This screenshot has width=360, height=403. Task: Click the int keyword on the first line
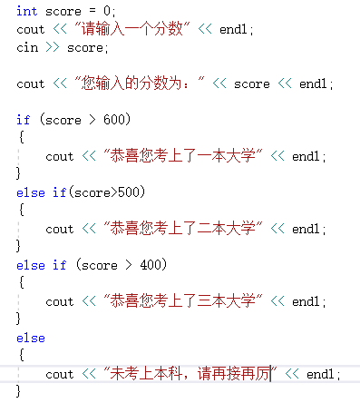click(26, 11)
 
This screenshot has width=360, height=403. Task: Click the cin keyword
click(26, 47)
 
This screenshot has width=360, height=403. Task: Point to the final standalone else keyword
click(30, 338)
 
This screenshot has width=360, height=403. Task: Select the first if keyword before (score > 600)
click(23, 120)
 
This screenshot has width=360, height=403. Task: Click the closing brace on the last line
click(19, 391)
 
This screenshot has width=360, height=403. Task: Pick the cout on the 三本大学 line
click(60, 301)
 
